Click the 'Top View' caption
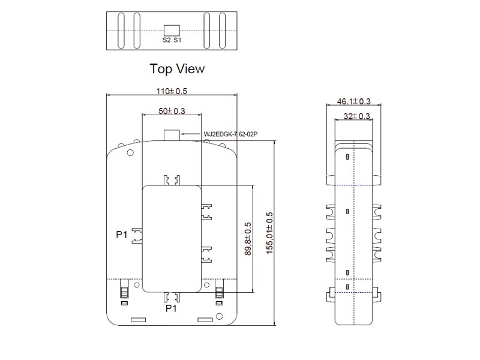tap(177, 69)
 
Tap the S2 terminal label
tap(167, 40)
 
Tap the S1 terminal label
tap(178, 40)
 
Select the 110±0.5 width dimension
tap(172, 91)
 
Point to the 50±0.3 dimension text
tap(172, 111)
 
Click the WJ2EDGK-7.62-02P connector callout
tap(230, 134)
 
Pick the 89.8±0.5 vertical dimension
tap(248, 239)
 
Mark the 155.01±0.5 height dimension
tap(269, 233)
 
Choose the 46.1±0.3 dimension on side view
tap(353, 101)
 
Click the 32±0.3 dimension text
tap(356, 116)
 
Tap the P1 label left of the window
tap(122, 235)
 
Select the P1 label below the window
tap(171, 308)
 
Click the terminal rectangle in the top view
tap(172, 31)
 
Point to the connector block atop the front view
tap(172, 135)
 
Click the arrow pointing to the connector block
tap(191, 134)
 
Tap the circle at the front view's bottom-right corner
tap(219, 316)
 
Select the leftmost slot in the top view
tap(121, 31)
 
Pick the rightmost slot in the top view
tap(223, 31)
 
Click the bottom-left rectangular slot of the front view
tap(139, 320)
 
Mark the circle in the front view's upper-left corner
tap(130, 152)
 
